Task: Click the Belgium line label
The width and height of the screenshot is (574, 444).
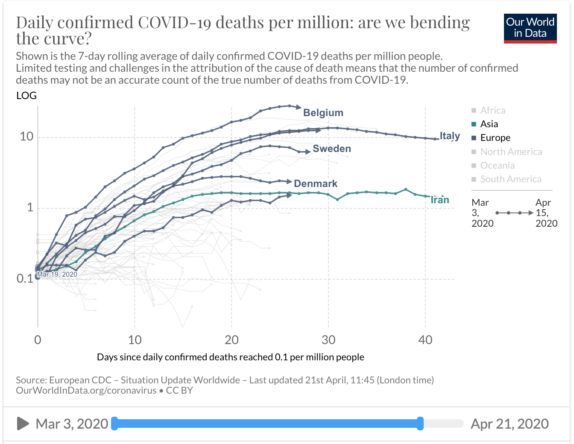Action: pos(323,113)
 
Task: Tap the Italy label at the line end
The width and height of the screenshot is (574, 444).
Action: pos(450,136)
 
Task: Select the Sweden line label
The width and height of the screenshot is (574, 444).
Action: pos(332,149)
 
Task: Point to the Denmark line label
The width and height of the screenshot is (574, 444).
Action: pos(316,184)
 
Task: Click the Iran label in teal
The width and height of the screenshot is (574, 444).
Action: pos(440,200)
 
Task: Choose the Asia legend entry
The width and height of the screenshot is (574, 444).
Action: pos(489,124)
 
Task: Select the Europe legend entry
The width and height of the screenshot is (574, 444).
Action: pos(495,137)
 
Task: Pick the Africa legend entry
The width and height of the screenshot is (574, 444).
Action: pos(492,110)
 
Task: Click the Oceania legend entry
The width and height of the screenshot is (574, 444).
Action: pos(497,165)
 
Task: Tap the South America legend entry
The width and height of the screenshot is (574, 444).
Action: pos(510,179)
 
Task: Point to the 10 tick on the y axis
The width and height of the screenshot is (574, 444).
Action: pos(26,137)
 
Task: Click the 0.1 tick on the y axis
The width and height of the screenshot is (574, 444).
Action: pos(25,279)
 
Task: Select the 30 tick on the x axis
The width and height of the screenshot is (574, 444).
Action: pos(328,340)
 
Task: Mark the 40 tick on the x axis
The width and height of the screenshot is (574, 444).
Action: pos(425,340)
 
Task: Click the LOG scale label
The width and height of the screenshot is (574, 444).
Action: pos(26,96)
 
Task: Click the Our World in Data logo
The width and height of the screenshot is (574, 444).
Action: pos(530,29)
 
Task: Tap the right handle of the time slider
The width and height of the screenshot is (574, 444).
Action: pos(420,424)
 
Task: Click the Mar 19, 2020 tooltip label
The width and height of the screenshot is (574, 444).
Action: pos(57,275)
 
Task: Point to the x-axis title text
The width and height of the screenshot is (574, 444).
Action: pos(230,357)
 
